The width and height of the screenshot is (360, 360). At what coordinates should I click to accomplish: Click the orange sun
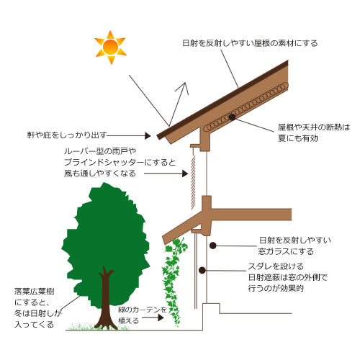110,48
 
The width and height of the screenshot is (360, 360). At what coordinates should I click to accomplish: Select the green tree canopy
106,243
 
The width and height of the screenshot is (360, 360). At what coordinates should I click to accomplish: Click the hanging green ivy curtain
174,281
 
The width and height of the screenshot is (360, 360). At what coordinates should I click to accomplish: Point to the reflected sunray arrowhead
184,87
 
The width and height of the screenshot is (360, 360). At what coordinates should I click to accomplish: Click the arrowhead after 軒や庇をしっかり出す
148,136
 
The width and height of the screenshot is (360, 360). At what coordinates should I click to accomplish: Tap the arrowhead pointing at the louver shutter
185,174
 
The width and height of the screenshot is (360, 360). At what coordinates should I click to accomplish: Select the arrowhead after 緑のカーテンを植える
161,318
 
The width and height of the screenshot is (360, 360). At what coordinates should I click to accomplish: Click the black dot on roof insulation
232,117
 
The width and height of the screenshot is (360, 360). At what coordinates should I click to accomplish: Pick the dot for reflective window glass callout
213,246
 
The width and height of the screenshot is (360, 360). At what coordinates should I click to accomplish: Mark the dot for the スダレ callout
202,270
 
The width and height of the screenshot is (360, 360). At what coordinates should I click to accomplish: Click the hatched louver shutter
193,182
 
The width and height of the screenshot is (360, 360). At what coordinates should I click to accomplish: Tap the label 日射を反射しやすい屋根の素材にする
250,43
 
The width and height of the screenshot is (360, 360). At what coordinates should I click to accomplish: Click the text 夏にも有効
298,138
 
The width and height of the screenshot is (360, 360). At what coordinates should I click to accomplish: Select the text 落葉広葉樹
35,292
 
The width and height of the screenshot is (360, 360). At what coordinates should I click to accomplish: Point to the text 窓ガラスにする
286,251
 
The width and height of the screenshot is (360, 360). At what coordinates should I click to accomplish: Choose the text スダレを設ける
276,266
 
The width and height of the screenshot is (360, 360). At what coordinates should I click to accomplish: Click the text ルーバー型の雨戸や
100,151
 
